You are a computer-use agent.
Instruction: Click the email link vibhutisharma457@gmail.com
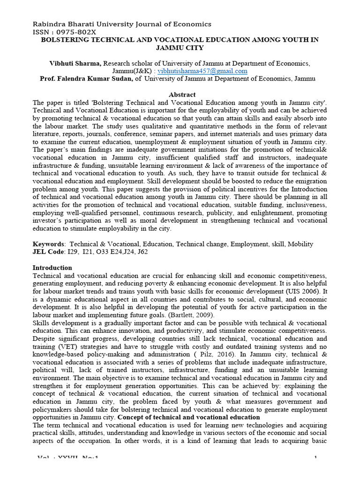[202, 71]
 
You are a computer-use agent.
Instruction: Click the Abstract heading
[182, 95]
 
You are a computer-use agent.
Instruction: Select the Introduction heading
[52, 268]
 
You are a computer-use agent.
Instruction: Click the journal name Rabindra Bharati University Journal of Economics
[121, 24]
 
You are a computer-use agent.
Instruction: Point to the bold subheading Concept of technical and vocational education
[188, 417]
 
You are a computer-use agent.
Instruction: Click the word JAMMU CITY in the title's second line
[180, 48]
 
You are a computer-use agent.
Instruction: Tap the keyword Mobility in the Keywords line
[300, 244]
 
